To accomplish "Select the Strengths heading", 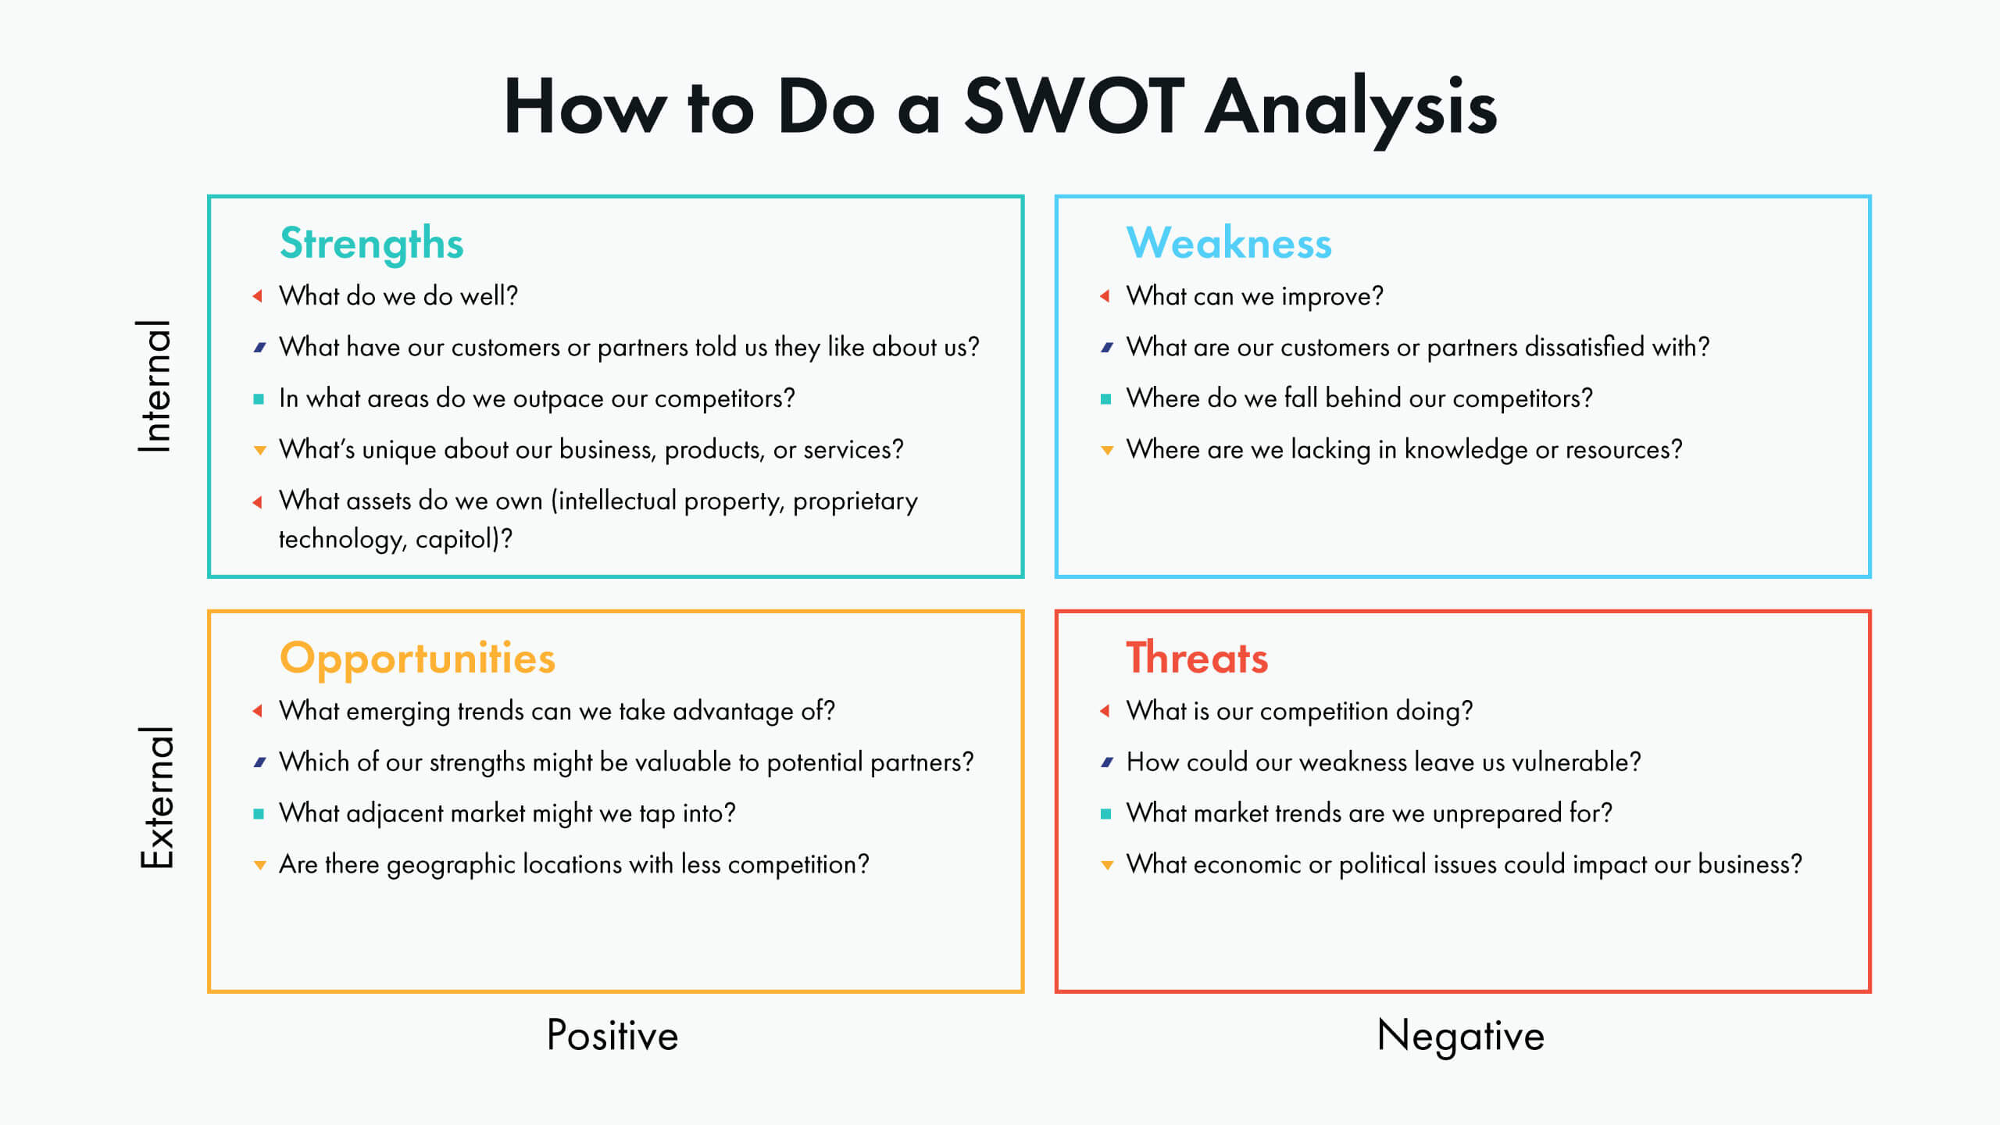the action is [x=372, y=244].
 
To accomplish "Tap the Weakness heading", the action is [x=1229, y=242].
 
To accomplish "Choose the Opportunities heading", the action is [x=418, y=659].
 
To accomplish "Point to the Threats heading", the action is [x=1197, y=657].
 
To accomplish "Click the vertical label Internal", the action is [x=155, y=386].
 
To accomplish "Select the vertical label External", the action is [x=157, y=797].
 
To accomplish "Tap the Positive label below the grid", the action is [x=612, y=1035].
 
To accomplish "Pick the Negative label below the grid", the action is [x=1461, y=1037].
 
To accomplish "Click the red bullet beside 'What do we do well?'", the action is [x=257, y=295].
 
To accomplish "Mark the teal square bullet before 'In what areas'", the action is [x=259, y=398].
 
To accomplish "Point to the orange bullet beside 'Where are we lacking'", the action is [x=1107, y=450].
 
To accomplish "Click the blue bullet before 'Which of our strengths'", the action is [x=259, y=762].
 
